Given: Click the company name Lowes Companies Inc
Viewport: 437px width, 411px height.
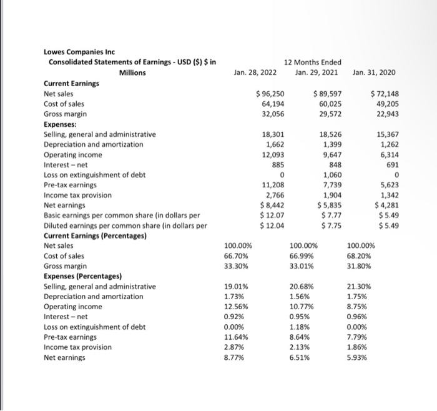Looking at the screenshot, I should (79, 51).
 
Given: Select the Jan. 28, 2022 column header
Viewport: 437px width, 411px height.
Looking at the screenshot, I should (255, 72).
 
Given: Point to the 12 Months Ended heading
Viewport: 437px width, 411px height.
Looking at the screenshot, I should (312, 62).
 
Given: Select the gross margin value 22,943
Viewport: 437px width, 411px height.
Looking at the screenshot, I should (385, 114).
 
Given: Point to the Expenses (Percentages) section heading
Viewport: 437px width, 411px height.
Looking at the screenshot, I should (82, 276).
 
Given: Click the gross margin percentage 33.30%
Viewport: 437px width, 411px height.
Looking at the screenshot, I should (237, 265).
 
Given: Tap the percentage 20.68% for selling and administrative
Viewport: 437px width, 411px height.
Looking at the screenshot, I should (302, 286).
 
